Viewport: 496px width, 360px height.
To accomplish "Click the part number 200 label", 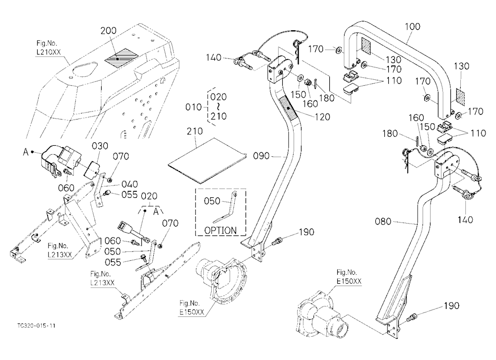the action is point(109,31).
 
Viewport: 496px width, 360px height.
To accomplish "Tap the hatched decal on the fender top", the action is point(122,58).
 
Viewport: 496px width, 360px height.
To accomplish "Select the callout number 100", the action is point(413,27).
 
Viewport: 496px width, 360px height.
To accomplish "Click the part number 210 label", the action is point(195,131).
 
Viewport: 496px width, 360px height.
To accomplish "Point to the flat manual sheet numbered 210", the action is point(207,160).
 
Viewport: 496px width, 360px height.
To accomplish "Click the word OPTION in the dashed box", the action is point(221,230).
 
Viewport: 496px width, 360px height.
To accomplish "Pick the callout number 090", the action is point(261,156).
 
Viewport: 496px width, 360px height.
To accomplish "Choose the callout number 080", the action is point(383,222).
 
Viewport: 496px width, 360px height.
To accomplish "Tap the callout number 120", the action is point(323,117).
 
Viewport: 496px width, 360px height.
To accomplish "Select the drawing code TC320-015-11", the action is point(37,325).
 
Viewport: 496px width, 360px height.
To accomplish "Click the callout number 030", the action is point(100,146).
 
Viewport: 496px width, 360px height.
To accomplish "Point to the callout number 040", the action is point(129,184).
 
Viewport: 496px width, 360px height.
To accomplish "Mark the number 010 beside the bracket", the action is point(193,107).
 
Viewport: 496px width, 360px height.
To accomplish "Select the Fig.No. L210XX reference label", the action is point(49,48).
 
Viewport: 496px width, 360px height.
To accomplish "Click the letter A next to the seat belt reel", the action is point(26,152).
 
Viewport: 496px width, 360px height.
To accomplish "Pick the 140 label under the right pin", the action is point(465,220).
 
